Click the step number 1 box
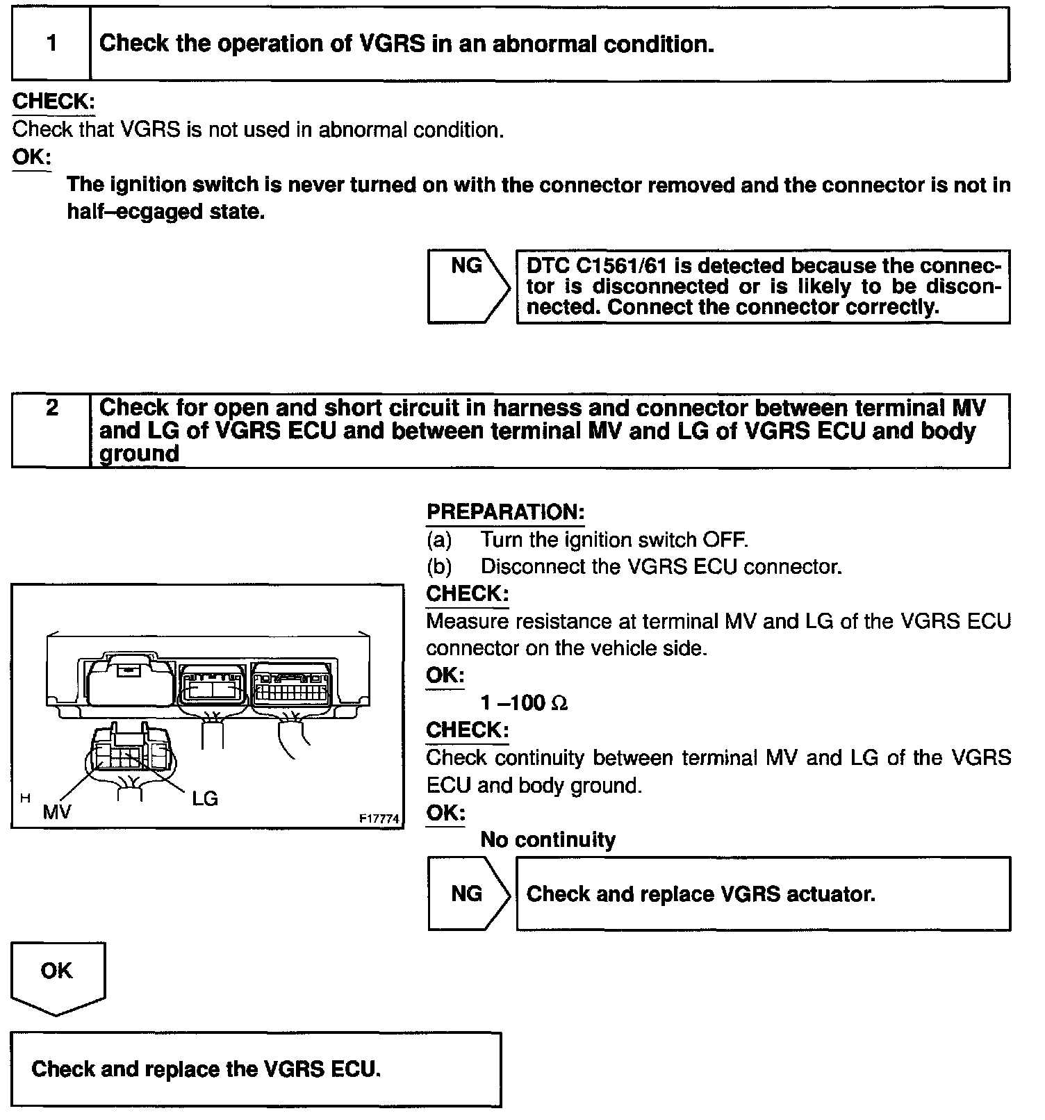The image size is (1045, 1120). tap(51, 44)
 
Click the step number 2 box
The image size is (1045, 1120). tap(51, 430)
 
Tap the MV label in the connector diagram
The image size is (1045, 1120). tap(57, 812)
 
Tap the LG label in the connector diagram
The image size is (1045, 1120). tap(205, 798)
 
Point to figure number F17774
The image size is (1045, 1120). tap(379, 819)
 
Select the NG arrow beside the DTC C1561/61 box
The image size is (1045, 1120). tap(468, 286)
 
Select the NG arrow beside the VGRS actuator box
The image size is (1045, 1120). tap(468, 893)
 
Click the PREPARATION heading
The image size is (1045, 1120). tap(505, 512)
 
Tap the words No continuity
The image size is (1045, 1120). tap(548, 840)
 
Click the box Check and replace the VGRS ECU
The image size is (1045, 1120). tap(256, 1069)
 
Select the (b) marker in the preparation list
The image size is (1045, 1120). tap(439, 567)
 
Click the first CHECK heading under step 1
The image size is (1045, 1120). tap(54, 101)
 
